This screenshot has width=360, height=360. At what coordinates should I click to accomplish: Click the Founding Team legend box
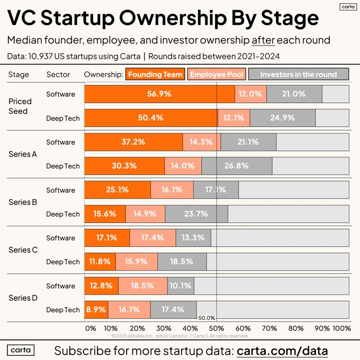click(155, 75)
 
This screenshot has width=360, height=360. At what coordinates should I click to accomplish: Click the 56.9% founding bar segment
click(159, 94)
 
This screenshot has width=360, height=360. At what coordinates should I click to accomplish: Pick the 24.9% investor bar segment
click(282, 118)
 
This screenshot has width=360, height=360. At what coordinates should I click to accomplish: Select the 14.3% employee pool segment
click(202, 142)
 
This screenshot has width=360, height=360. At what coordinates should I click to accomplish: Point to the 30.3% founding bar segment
click(124, 166)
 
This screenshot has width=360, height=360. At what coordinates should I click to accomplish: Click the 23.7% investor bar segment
click(196, 214)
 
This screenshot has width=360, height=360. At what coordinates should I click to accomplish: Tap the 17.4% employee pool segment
click(152, 238)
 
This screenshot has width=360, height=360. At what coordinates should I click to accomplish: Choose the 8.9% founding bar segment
click(96, 310)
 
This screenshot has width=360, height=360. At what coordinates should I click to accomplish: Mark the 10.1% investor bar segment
click(181, 286)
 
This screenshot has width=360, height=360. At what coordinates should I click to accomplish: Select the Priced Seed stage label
click(21, 106)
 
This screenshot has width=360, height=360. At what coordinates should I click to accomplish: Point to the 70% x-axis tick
click(270, 328)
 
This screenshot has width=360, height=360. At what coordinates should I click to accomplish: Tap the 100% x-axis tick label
click(342, 328)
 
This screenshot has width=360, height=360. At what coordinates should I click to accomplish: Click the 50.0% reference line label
click(206, 318)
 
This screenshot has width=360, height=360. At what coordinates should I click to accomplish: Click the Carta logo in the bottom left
click(21, 350)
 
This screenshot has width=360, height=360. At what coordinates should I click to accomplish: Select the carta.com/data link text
click(282, 350)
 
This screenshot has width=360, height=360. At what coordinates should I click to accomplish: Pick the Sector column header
click(58, 75)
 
